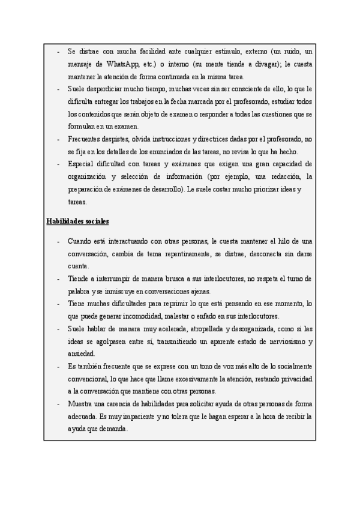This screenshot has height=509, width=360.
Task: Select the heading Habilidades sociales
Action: tap(77, 221)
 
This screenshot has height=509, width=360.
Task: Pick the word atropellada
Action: tap(194, 329)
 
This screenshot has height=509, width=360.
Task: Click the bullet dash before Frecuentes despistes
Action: tap(58, 139)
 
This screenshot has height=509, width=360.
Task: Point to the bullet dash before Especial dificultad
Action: tap(58, 164)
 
